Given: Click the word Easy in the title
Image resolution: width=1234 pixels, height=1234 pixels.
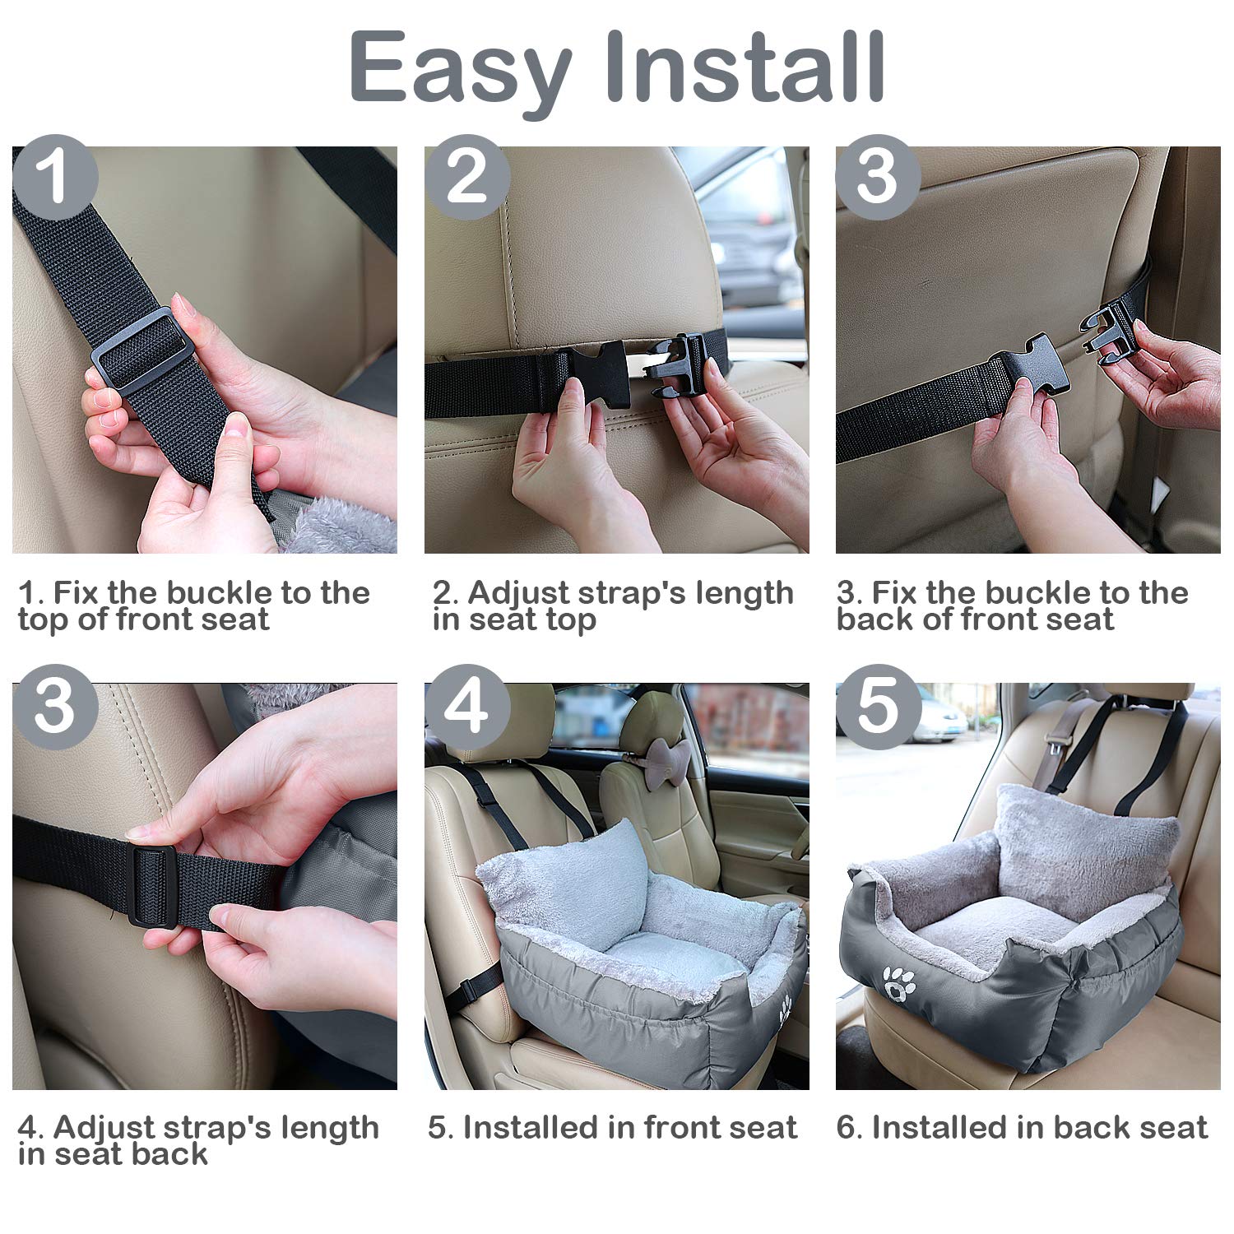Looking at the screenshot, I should coord(461,67).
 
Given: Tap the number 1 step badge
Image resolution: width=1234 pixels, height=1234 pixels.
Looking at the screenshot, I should coord(55,177).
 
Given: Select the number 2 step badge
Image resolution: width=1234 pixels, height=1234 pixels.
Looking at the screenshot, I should coord(466,177).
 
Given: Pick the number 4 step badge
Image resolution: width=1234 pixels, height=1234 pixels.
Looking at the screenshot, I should coord(466,707).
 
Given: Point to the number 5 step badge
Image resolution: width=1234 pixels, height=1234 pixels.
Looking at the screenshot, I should coord(878,707).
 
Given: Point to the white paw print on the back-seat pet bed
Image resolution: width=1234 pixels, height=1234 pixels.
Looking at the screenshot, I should coord(898,983).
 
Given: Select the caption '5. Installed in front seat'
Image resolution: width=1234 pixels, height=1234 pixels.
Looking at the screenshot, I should coord(612,1127).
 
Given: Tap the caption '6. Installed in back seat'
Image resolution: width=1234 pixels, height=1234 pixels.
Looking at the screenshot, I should coord(1022,1127).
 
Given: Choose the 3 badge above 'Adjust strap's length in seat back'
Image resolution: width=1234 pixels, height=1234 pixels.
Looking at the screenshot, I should coord(55,707).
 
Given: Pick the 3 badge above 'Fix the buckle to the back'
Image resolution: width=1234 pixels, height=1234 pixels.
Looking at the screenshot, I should coord(878,177).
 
